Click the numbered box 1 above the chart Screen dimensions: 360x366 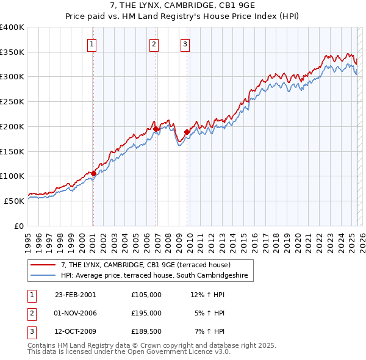pos(91,43)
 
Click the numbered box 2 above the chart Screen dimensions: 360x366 pos(154,43)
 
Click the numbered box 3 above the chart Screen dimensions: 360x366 pos(184,43)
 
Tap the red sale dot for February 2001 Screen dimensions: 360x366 pos(93,173)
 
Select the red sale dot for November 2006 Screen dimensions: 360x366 pos(156,129)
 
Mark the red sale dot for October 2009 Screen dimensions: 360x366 pos(187,131)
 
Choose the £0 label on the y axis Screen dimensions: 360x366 pos(19,225)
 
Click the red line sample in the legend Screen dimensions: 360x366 pos(43,265)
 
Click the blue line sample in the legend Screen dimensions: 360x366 pos(43,275)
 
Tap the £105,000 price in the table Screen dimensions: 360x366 pos(146,294)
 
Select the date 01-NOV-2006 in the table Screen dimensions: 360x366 pos(76,313)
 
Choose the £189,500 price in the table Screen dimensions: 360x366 pos(146,332)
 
